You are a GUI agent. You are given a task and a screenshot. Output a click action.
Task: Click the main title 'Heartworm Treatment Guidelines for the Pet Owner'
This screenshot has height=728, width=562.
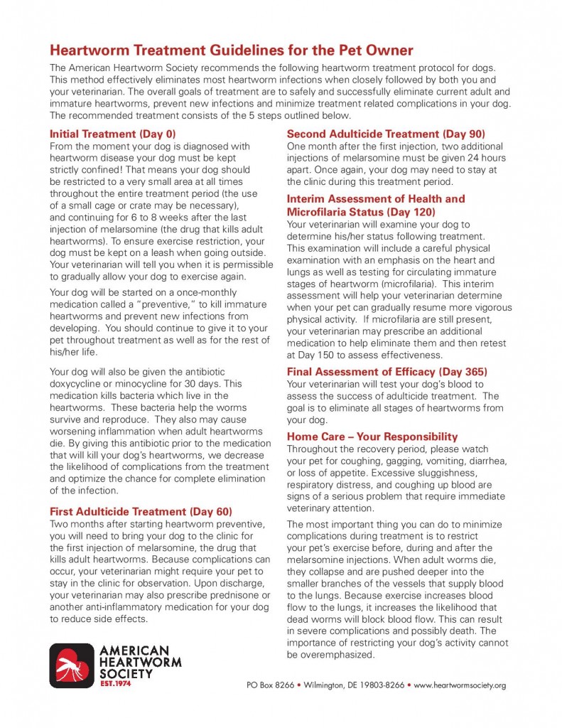231,50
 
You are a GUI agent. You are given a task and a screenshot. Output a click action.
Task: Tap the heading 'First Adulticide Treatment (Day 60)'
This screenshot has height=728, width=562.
141,511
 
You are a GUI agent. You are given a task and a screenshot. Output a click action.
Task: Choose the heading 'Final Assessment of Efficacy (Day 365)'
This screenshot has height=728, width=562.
387,371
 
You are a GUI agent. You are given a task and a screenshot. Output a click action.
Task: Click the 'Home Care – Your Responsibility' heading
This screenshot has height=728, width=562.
372,437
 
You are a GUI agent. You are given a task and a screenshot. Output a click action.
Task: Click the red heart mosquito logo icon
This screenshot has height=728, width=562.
71,665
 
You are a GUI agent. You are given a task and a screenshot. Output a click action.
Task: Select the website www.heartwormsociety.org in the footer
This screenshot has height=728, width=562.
460,685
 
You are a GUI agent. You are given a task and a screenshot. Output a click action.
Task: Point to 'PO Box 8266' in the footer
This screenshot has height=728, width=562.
266,685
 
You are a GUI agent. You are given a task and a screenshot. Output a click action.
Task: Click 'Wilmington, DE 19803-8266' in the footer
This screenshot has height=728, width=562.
353,685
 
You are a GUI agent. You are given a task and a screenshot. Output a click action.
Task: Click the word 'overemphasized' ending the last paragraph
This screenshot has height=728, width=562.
330,655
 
